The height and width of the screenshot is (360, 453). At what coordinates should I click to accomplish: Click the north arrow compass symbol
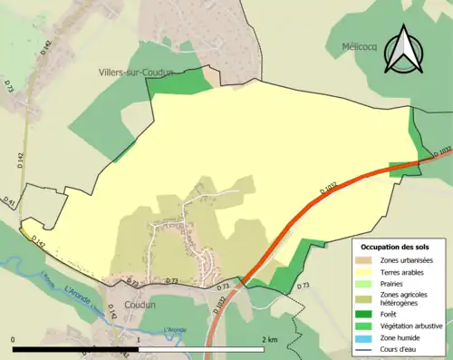tap(404, 49)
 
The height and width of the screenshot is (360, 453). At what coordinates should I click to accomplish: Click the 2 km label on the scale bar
tap(268, 339)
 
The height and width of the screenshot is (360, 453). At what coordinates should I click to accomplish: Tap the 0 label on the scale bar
tap(14, 339)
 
